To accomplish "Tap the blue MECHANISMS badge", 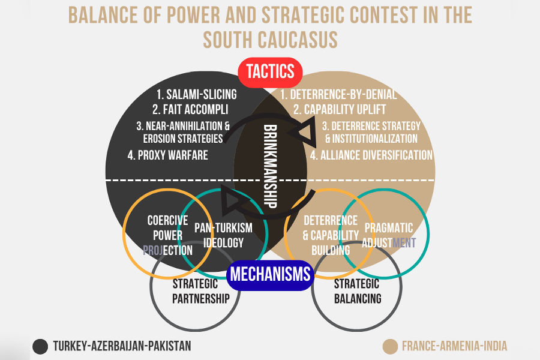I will click(x=270, y=275).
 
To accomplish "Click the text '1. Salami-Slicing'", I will click(x=196, y=94).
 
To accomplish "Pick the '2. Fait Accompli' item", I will click(x=190, y=110).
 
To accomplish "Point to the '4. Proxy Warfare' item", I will click(x=168, y=155).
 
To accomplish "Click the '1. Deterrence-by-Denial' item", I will click(x=338, y=94).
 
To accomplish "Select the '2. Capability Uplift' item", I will click(x=340, y=110).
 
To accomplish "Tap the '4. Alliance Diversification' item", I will click(x=371, y=155).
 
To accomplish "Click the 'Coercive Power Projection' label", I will click(x=168, y=235).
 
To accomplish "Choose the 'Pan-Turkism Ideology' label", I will click(x=223, y=235).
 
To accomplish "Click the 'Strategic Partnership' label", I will click(x=195, y=291).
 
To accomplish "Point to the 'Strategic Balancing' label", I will click(x=357, y=291).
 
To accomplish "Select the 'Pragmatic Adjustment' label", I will click(x=388, y=235).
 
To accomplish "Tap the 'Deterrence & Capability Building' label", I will click(x=331, y=235).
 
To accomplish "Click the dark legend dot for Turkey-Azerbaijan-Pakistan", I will click(x=40, y=346).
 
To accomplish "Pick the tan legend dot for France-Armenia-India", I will click(x=390, y=346).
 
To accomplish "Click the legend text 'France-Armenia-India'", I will click(x=454, y=346).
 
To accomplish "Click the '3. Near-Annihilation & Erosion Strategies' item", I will click(x=183, y=132).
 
